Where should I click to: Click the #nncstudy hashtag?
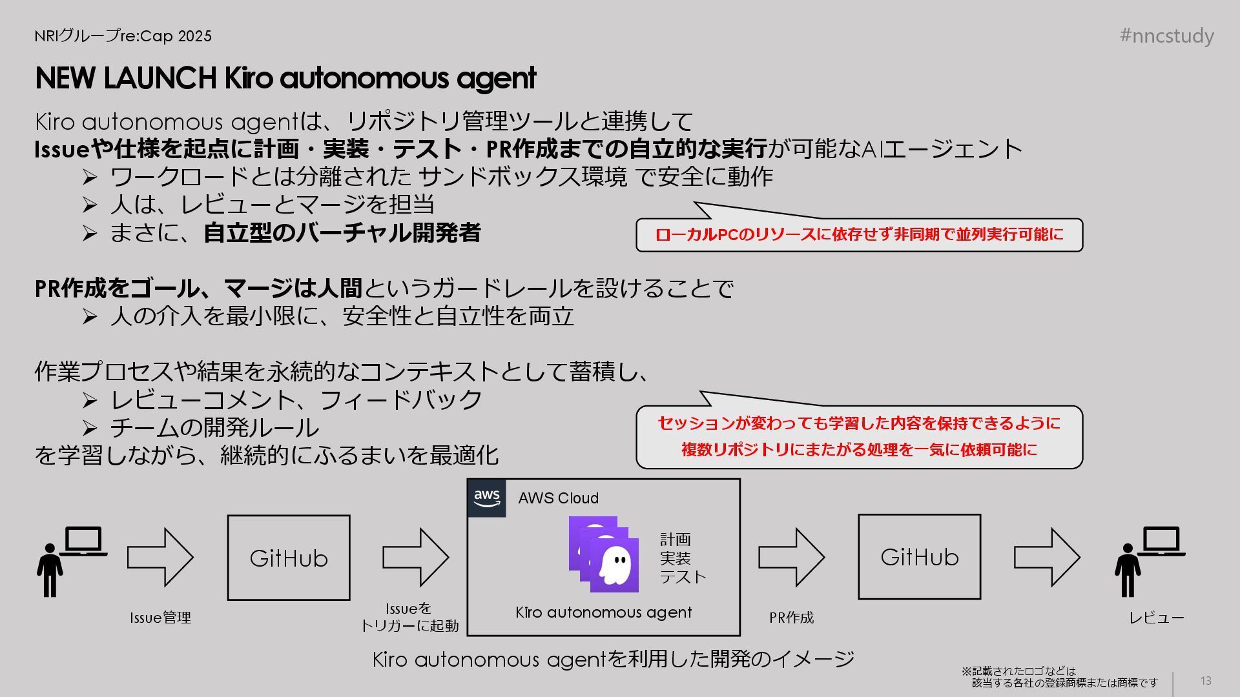[x=1166, y=35]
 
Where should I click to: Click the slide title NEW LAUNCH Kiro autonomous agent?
[x=285, y=78]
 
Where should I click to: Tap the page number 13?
[x=1206, y=681]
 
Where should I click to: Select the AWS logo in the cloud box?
[x=486, y=498]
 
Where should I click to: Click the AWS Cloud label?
[x=558, y=498]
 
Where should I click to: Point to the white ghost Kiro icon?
[x=615, y=565]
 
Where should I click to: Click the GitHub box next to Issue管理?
[x=289, y=558]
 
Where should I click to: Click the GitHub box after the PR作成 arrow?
[x=919, y=556]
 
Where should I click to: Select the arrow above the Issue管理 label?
[x=160, y=557]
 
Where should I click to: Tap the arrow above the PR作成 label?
[x=790, y=557]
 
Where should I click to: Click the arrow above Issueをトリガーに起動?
[x=415, y=557]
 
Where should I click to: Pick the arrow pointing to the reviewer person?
[x=1046, y=557]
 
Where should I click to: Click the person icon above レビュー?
[x=1127, y=570]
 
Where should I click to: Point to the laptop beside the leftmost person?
[x=84, y=541]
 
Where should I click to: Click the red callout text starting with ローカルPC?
[x=859, y=234]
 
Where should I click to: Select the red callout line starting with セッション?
[x=859, y=423]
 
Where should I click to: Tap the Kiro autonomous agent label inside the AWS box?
[x=603, y=612]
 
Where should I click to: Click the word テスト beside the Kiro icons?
[x=683, y=576]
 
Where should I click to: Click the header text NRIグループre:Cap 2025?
[x=123, y=36]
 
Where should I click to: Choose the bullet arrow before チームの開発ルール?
[x=90, y=428]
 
